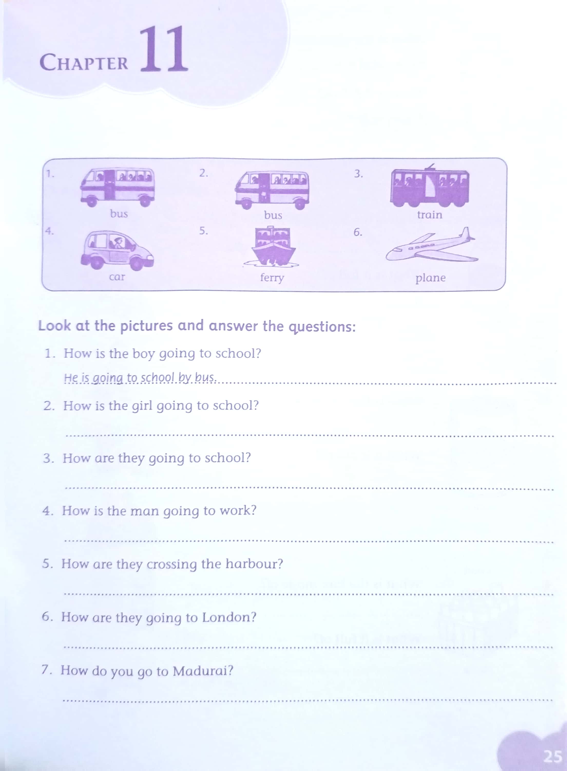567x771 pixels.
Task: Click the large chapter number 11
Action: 164,49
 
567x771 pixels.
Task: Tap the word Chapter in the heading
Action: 84,62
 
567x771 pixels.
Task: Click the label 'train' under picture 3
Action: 430,215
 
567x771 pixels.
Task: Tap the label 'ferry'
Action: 272,277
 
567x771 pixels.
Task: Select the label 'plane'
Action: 430,278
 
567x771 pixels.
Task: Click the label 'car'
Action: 117,277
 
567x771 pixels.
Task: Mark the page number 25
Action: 553,756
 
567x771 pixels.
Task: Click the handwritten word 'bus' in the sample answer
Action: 205,378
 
